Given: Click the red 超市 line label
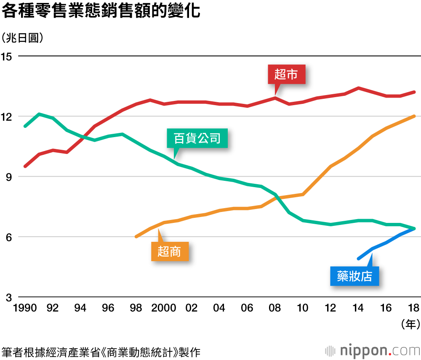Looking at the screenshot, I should click(286, 74).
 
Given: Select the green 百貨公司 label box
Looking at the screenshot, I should click(197, 138).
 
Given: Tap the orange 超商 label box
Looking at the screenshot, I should click(169, 251).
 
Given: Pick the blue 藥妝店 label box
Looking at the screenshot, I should click(354, 276).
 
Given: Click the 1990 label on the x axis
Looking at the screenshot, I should click(25, 308).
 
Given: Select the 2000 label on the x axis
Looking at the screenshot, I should click(164, 308).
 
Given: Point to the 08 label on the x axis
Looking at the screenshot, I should click(275, 308).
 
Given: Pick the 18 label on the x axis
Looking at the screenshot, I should click(414, 308).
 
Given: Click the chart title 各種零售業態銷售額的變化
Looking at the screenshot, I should click(101, 11).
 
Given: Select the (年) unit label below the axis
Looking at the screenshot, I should click(408, 324).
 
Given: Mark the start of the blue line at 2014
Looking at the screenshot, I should click(358, 259).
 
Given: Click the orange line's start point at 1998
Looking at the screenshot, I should click(136, 237).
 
